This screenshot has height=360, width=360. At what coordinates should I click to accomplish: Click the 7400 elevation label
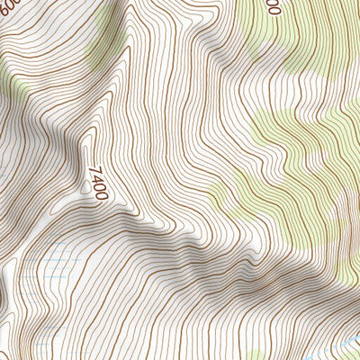98,180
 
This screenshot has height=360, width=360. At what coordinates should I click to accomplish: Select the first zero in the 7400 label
100,184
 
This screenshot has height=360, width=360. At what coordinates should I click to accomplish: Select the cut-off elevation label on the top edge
274,6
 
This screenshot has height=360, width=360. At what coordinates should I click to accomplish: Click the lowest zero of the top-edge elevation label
274,11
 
